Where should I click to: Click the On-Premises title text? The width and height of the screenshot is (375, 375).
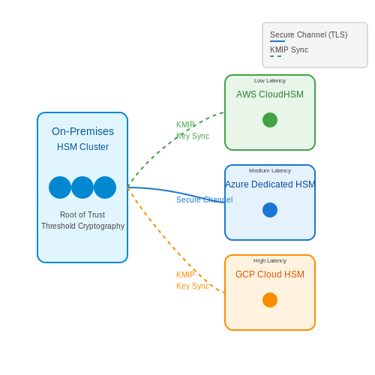[82, 131]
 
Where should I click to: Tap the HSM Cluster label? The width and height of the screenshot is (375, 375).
[82, 147]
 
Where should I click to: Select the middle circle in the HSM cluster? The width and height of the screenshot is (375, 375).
[82, 187]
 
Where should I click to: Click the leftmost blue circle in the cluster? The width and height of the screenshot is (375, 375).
[60, 187]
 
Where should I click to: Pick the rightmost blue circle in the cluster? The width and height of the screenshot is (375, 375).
[105, 187]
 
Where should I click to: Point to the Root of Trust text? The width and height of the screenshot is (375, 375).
[82, 214]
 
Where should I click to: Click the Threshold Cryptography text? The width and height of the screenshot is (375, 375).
[82, 226]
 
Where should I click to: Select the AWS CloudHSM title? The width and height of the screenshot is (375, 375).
[270, 94]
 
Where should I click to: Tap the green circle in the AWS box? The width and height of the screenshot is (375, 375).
[270, 120]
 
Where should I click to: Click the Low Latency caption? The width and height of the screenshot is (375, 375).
[270, 81]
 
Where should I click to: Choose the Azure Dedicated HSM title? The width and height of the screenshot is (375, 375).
[270, 184]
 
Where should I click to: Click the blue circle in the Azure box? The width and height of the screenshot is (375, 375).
[270, 210]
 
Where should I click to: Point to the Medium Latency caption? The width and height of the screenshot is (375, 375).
[270, 171]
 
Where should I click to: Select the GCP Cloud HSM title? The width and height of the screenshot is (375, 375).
[270, 274]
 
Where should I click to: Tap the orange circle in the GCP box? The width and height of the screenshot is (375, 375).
[270, 300]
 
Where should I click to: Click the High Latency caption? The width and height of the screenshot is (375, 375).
[270, 261]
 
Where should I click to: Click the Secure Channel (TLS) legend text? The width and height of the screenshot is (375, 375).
[309, 34]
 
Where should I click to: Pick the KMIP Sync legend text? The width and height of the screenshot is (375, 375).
[289, 49]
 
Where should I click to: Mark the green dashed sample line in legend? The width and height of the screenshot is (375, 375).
[276, 56]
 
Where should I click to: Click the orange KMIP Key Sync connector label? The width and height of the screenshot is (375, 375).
[193, 280]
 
